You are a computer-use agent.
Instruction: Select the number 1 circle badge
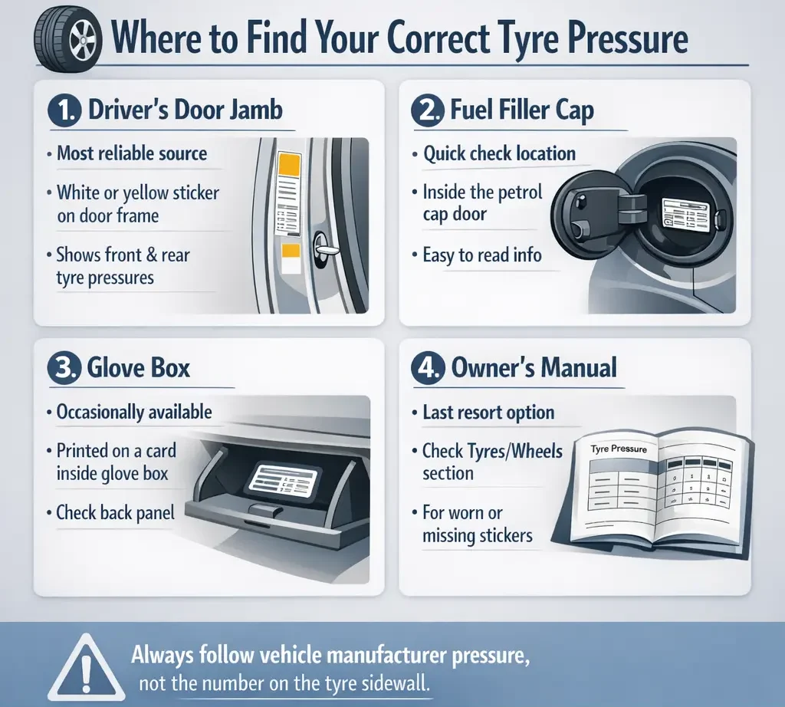[64, 110]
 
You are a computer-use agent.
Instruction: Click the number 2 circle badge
[426, 110]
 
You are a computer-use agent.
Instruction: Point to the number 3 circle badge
[64, 368]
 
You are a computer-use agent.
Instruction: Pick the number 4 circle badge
[426, 368]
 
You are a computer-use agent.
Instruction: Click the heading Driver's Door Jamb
[185, 110]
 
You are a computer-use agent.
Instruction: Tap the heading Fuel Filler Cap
[522, 110]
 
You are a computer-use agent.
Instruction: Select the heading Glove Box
[138, 368]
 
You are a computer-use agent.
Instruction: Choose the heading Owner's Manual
[534, 368]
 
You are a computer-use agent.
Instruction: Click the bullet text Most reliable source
[131, 153]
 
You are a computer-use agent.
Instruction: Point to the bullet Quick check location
[499, 153]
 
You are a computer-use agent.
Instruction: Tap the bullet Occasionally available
[133, 413]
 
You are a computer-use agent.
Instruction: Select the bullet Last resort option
[488, 413]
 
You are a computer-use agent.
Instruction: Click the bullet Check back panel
[115, 512]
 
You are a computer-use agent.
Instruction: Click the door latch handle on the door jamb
[324, 251]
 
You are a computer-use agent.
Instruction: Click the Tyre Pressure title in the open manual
[619, 448]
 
